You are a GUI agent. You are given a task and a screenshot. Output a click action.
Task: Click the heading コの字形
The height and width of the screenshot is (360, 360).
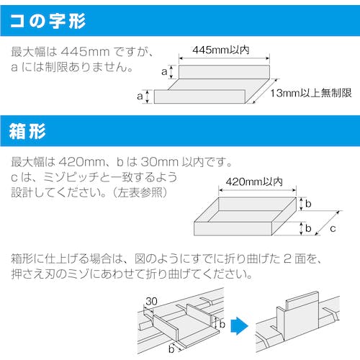[x=48, y=21]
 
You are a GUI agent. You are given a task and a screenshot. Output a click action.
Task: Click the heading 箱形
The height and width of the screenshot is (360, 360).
[x=27, y=131]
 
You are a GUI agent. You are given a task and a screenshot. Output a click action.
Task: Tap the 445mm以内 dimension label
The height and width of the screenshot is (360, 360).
[x=221, y=50]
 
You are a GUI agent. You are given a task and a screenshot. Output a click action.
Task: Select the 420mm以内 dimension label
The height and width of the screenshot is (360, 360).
[x=254, y=181]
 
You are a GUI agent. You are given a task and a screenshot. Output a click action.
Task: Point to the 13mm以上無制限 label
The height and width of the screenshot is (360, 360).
[x=311, y=93]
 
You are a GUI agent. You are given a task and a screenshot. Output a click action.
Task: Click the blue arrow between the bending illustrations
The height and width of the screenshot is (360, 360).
[x=239, y=325]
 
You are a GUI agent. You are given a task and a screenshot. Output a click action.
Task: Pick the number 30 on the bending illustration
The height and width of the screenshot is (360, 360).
[x=151, y=301]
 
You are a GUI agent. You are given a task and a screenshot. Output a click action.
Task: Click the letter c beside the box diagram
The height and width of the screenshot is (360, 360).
[x=333, y=229]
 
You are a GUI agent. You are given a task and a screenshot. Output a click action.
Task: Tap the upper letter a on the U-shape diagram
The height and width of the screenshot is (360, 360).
[x=164, y=71]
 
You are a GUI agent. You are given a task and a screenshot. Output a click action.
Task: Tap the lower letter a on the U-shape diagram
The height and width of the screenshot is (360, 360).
[x=140, y=96]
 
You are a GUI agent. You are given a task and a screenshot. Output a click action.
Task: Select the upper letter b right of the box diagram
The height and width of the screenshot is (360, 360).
[x=308, y=204]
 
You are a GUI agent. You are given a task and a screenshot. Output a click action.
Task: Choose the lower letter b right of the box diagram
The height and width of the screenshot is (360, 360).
[x=308, y=228]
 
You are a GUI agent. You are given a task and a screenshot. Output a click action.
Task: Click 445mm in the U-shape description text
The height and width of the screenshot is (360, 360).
[x=85, y=52]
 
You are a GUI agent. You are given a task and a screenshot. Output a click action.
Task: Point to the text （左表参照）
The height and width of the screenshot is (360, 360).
[x=140, y=192]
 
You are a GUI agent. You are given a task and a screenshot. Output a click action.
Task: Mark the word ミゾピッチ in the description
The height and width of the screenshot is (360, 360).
[x=71, y=177]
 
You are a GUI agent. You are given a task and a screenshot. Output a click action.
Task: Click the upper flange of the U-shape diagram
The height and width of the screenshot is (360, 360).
[x=224, y=72]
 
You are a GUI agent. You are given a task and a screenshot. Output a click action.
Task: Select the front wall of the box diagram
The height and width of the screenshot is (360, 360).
[x=233, y=228]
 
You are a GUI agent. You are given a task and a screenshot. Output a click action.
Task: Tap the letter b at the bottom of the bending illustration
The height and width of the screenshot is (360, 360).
[x=171, y=349]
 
